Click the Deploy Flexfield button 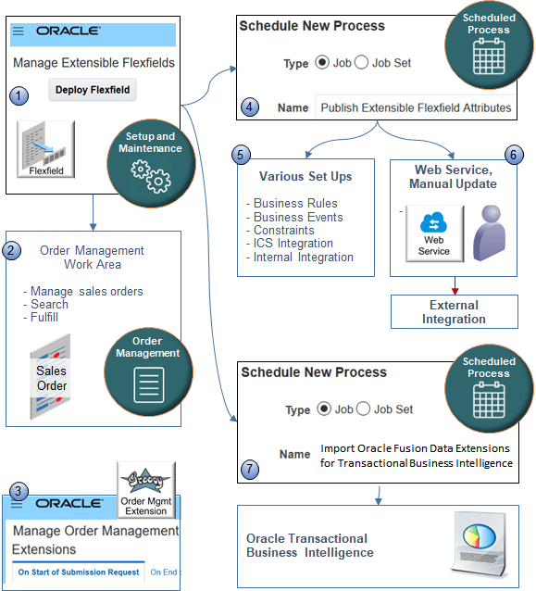[93, 90]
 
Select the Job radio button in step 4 [322, 63]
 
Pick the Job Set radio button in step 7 [363, 409]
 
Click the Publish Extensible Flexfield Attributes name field [416, 107]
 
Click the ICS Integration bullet [293, 244]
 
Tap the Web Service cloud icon [434, 233]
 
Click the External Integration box [454, 311]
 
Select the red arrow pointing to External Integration [454, 285]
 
